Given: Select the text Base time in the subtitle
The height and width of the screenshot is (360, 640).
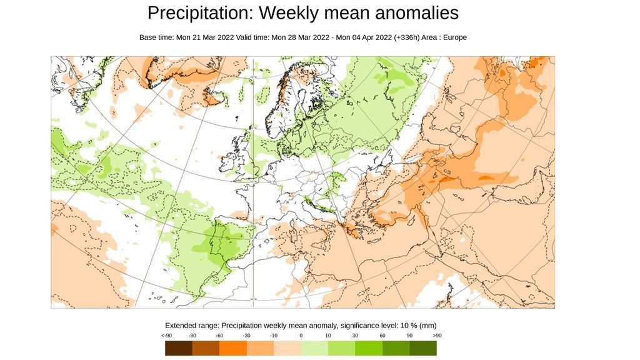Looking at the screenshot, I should pos(156,37).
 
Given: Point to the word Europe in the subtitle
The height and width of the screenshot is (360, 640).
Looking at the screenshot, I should pos(454,37).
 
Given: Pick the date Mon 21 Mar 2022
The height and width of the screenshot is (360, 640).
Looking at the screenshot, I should pos(205,37).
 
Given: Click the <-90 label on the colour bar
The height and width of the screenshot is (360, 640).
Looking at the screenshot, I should pos(167,336).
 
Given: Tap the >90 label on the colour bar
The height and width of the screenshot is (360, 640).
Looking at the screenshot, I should pos(437,336).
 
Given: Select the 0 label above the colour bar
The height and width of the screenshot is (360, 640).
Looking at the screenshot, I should pos(301,336).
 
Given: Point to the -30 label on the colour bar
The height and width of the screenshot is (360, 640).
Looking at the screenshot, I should pos(246,336).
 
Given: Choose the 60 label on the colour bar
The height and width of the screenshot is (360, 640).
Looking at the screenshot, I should pos(382,336).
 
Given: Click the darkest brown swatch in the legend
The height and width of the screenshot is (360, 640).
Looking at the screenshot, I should pos(178,347).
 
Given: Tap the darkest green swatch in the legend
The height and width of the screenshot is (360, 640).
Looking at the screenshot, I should pos(423,347).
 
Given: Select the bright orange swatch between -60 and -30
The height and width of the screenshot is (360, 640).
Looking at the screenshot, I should pos(232,347).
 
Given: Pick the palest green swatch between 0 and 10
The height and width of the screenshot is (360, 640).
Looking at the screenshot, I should pos(314,347).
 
